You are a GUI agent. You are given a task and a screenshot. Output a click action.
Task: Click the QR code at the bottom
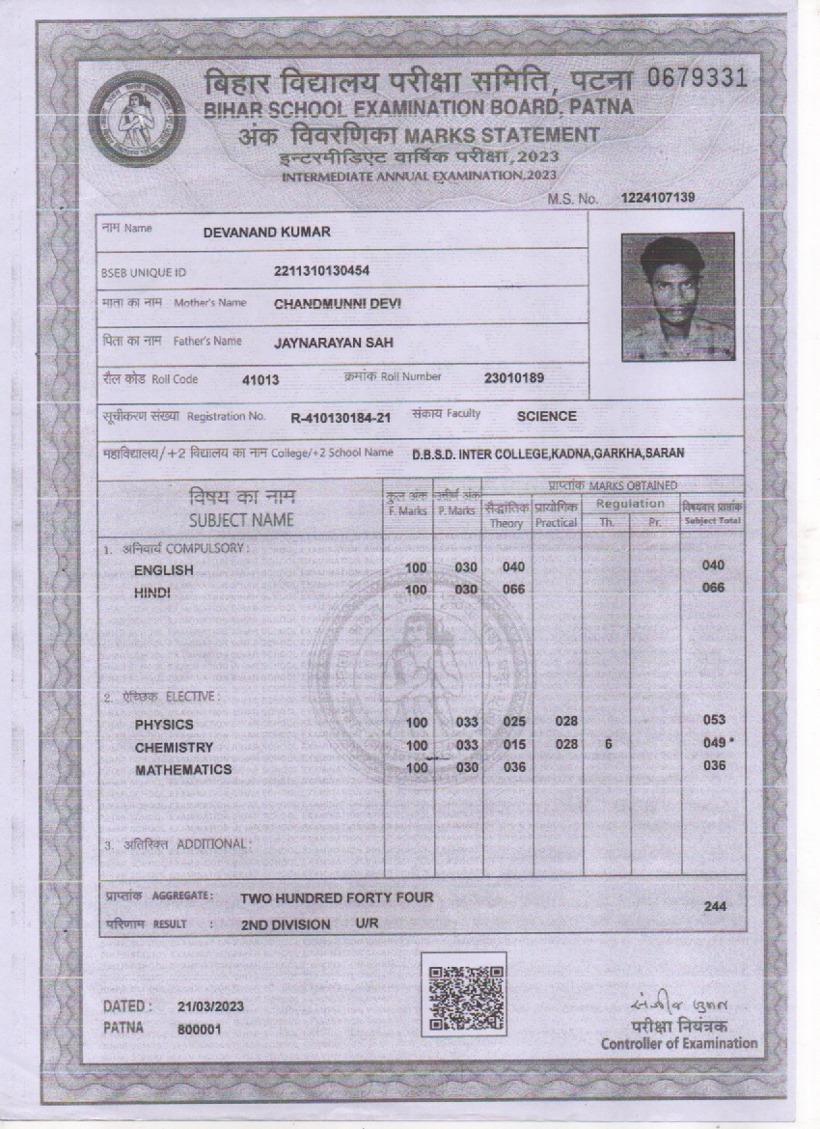463,994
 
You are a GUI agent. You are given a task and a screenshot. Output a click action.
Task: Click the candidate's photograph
677,297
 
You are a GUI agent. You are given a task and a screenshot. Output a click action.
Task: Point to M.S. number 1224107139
658,198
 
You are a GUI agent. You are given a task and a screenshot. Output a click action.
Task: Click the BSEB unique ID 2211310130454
322,271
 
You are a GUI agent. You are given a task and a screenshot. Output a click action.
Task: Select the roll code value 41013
260,380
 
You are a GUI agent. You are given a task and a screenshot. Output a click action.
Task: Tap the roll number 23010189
514,377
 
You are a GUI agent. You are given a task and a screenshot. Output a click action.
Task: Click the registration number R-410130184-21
341,418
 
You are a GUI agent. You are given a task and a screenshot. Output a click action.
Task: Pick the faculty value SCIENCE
547,417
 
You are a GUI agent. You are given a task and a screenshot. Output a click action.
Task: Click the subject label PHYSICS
164,725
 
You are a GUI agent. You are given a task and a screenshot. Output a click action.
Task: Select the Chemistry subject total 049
714,744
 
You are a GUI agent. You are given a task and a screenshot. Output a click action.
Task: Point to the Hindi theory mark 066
514,589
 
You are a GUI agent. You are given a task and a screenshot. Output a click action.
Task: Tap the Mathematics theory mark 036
514,767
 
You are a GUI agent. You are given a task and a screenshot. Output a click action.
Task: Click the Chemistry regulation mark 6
608,744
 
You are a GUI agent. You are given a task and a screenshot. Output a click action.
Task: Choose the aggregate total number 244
715,907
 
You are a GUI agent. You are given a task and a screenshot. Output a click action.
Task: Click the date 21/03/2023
210,1006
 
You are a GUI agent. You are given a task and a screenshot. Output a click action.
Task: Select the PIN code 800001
200,1030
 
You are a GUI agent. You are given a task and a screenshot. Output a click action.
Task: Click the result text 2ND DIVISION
286,924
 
